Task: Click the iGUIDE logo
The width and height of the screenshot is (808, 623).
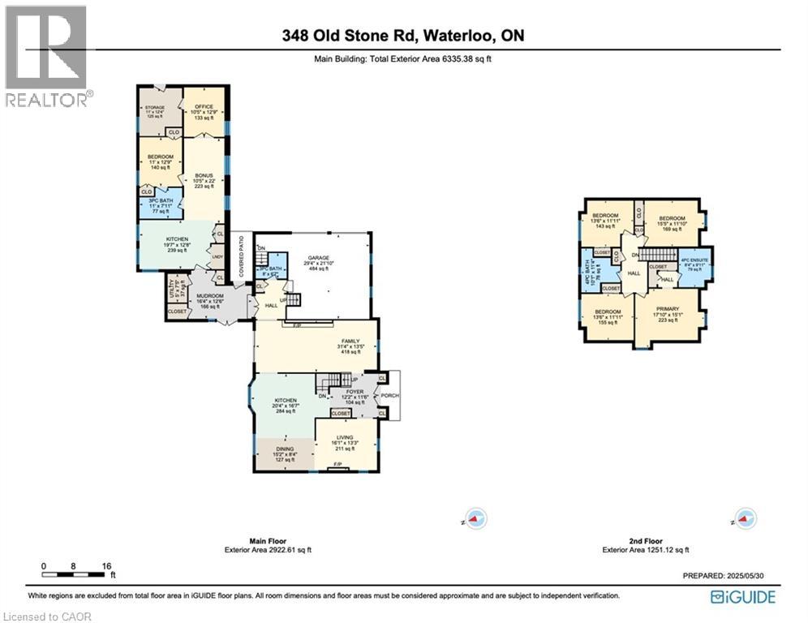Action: (x=742, y=597)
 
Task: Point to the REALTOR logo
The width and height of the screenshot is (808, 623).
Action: (x=46, y=56)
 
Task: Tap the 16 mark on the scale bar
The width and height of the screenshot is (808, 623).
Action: (x=105, y=566)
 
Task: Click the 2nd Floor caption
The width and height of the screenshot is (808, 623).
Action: (x=646, y=540)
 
